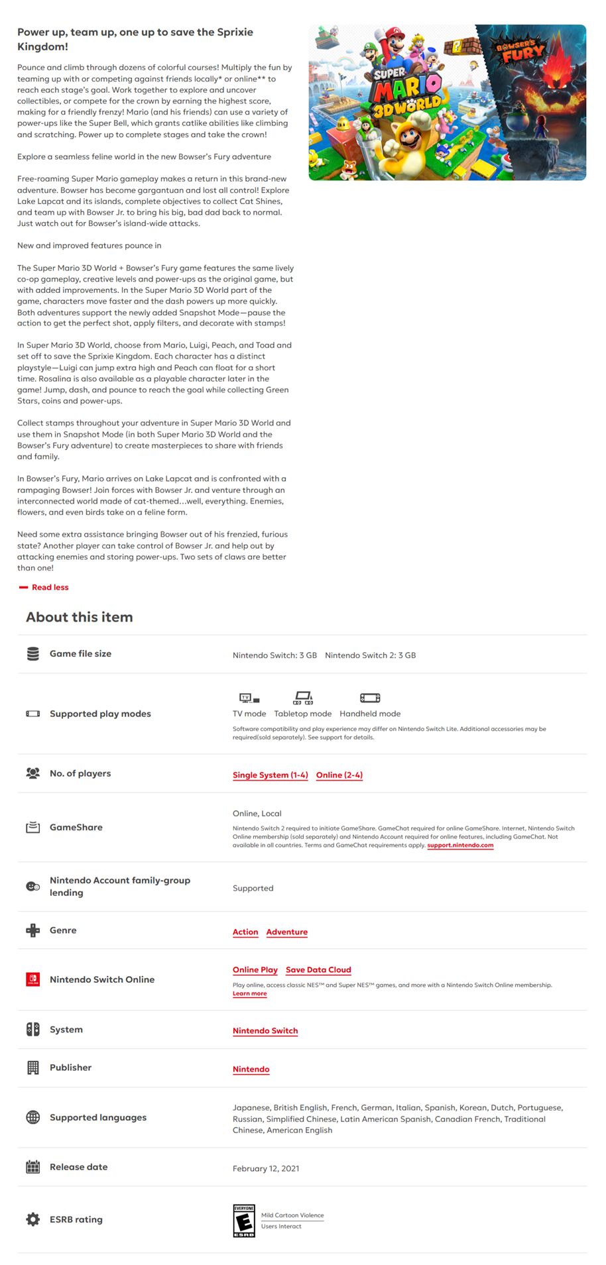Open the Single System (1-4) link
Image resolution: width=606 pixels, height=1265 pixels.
click(270, 775)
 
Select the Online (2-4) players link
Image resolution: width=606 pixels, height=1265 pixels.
click(339, 775)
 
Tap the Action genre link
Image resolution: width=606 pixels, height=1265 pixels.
click(245, 932)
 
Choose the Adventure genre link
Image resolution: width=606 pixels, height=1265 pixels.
click(286, 932)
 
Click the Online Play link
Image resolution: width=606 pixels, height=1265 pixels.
click(255, 969)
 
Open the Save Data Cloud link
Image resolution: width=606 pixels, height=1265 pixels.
click(318, 969)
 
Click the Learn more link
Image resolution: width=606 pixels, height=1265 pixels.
click(249, 993)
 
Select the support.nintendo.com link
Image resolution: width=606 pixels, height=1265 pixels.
click(460, 845)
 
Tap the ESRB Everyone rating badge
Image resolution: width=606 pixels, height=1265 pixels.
click(244, 1221)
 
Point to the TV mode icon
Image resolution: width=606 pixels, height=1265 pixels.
click(249, 698)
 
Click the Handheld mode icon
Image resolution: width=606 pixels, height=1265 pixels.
click(370, 698)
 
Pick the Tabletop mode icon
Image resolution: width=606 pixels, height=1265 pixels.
click(303, 698)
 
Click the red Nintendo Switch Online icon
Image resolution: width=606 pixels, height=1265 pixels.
click(32, 979)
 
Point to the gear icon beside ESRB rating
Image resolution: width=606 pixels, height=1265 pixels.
click(32, 1219)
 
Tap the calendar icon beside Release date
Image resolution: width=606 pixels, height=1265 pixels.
click(32, 1167)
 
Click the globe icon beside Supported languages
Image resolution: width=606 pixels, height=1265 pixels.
click(32, 1117)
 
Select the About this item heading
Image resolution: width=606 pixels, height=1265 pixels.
click(80, 617)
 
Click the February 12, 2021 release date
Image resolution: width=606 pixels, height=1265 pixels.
click(266, 1168)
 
